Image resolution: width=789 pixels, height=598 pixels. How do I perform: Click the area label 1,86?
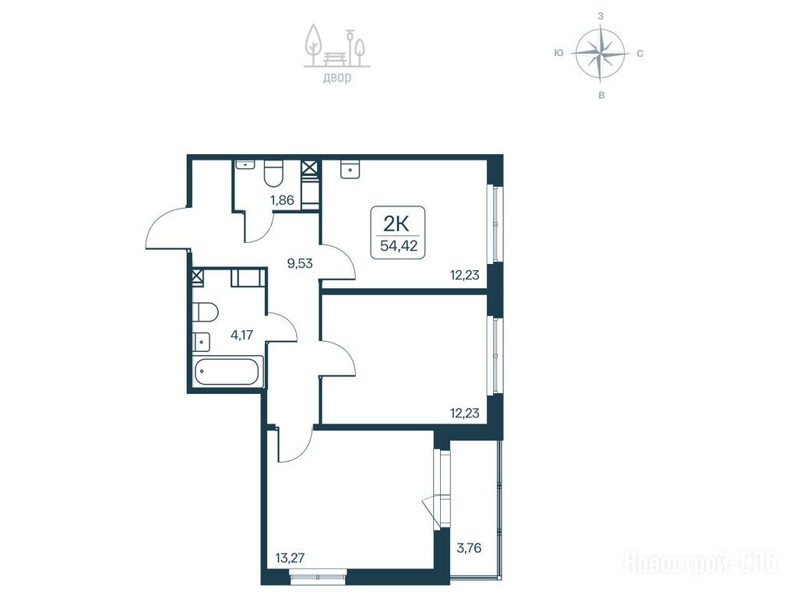click(x=282, y=200)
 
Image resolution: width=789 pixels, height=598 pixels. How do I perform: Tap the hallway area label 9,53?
click(x=300, y=263)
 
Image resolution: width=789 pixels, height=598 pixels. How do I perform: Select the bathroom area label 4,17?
click(x=241, y=335)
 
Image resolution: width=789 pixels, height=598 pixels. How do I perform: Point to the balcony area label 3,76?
click(x=469, y=547)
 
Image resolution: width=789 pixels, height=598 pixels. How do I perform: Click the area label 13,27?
click(x=291, y=558)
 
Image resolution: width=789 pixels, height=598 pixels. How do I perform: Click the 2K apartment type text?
click(x=397, y=222)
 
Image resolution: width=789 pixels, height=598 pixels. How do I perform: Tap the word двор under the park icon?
click(x=337, y=79)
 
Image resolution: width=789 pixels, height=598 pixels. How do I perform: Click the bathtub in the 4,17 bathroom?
click(x=228, y=371)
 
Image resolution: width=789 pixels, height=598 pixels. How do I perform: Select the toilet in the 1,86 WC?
click(x=274, y=172)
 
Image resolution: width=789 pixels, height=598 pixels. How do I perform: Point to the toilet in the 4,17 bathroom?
click(x=205, y=312)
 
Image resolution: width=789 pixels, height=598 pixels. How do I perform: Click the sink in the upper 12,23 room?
click(x=350, y=168)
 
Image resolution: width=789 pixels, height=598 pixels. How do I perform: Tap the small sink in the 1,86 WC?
click(x=245, y=165)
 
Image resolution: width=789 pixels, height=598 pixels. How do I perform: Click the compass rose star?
click(x=601, y=53)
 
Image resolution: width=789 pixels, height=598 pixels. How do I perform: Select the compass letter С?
click(x=639, y=53)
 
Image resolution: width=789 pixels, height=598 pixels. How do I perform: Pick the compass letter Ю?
click(x=558, y=53)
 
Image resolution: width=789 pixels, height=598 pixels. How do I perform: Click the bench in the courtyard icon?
click(x=335, y=58)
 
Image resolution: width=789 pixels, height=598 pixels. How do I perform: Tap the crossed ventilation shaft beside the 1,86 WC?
click(x=311, y=168)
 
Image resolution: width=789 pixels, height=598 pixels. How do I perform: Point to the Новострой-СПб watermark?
click(x=702, y=562)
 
